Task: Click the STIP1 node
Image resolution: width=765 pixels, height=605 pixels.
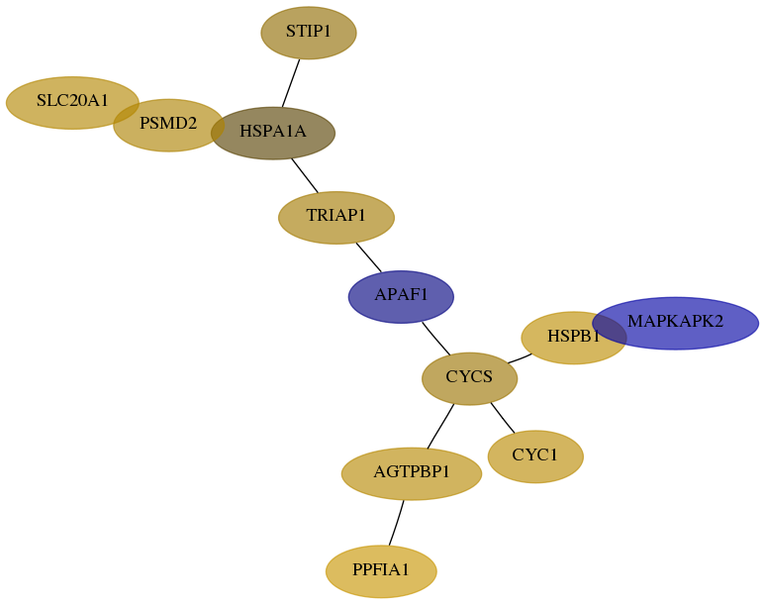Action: point(309,33)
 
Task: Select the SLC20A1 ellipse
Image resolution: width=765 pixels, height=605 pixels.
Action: point(72,103)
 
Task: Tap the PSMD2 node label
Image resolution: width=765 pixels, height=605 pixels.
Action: point(168,124)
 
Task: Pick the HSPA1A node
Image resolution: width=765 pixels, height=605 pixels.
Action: point(273,133)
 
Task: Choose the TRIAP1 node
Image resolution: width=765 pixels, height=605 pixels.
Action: point(336,217)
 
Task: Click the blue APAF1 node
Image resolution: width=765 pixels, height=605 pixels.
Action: point(401,296)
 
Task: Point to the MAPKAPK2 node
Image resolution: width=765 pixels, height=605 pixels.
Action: point(676,323)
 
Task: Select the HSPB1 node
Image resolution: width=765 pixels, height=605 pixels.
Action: point(574,338)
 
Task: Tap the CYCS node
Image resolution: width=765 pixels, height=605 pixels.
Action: point(469,378)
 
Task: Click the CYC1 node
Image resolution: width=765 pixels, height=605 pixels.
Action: point(535,456)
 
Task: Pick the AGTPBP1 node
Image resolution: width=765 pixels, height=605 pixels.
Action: point(412,473)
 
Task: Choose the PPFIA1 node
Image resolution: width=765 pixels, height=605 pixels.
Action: point(381,570)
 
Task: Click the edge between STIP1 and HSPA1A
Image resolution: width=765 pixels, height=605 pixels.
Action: point(291,83)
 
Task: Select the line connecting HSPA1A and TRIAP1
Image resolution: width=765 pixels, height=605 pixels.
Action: point(305,175)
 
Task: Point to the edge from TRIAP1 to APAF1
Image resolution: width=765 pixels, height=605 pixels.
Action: point(369,256)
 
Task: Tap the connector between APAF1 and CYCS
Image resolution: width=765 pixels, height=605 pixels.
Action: point(436,339)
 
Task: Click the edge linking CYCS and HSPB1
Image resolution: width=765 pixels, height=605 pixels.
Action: point(520,358)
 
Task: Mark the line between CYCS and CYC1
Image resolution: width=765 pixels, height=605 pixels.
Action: point(503,418)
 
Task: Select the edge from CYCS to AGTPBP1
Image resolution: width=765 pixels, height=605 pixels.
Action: point(440,426)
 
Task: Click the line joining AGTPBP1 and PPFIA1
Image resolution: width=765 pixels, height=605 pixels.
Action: point(396,523)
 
